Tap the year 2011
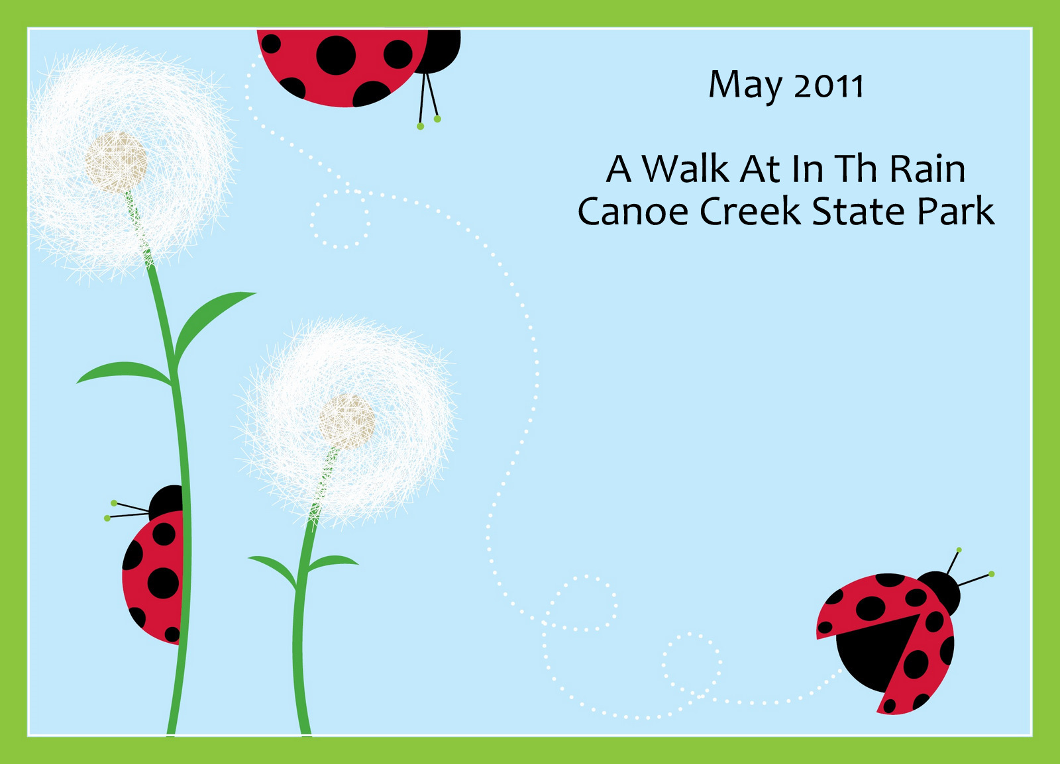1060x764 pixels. [829, 85]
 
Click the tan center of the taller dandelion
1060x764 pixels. [116, 163]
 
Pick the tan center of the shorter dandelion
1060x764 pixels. [346, 422]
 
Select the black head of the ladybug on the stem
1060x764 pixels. [166, 502]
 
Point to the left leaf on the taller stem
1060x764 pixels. [124, 373]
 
